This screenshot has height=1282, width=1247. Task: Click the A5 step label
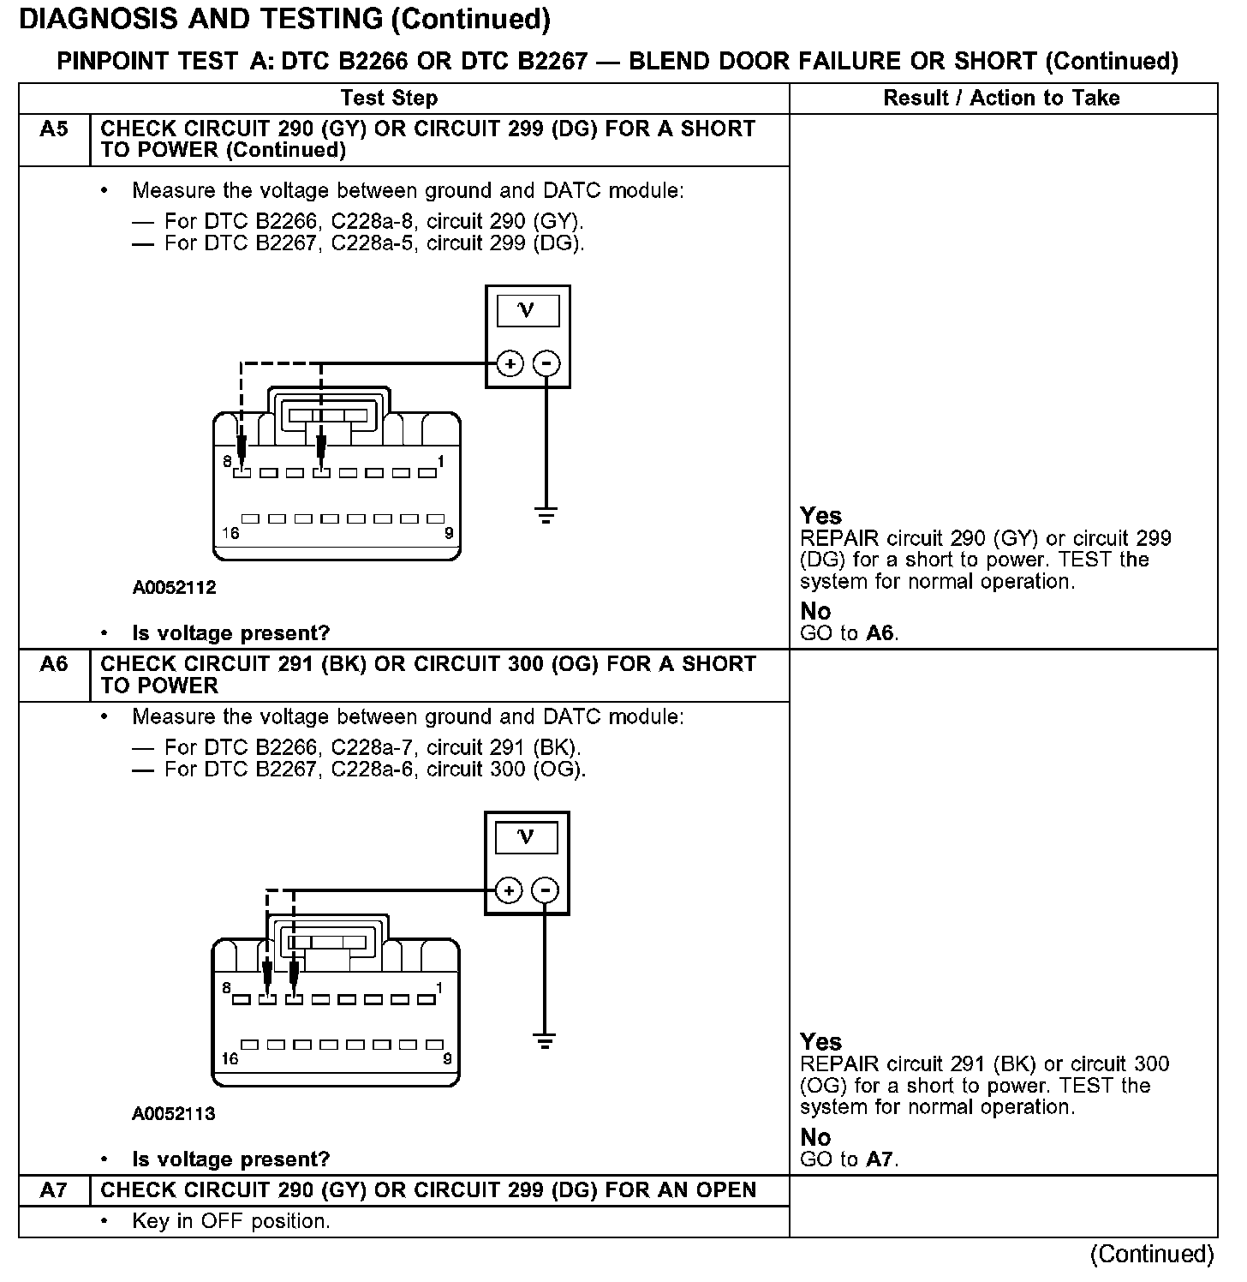53,129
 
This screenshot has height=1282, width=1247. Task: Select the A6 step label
53,664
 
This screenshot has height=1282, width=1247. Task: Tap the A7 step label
53,1190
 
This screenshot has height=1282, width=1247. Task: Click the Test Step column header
389,98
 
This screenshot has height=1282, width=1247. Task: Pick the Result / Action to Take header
1001,98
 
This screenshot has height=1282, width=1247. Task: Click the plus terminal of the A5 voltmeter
510,364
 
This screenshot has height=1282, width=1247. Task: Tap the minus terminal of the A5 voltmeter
546,364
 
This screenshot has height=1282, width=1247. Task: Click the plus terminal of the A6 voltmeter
509,890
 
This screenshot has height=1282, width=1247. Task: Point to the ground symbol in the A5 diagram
546,515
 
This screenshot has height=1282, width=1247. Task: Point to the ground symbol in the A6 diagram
545,1041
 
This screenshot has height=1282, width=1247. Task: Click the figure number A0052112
174,588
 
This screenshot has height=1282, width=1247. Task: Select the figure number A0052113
174,1114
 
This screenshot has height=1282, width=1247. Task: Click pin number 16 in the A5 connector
230,533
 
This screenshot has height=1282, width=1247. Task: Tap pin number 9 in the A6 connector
447,1059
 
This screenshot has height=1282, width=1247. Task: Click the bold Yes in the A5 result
820,516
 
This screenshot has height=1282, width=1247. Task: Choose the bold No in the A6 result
815,1137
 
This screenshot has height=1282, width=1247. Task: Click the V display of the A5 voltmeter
527,310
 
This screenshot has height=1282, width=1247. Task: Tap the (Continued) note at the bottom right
1151,1255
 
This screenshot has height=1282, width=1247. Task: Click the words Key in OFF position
231,1221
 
